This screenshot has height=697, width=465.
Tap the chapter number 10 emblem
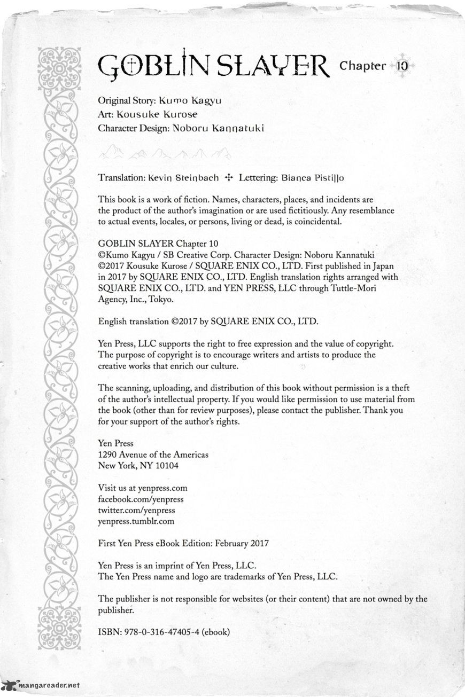(402, 66)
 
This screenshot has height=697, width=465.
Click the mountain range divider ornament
(165, 154)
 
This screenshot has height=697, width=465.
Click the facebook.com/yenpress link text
(141, 499)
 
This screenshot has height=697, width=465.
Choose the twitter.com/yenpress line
(136, 510)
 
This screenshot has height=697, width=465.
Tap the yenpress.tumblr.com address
(136, 521)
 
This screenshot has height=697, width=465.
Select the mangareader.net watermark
(43, 685)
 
